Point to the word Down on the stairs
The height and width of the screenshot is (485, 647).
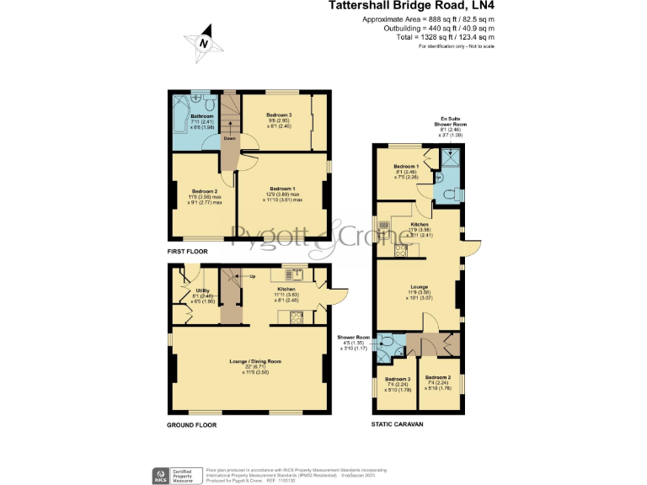pos(229,138)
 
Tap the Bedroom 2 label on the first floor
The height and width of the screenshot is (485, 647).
pos(204,191)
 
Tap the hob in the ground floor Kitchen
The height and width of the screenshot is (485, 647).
pos(297,317)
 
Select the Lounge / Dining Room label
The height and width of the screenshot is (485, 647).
pos(254,361)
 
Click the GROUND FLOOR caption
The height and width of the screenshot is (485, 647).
pos(191,425)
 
